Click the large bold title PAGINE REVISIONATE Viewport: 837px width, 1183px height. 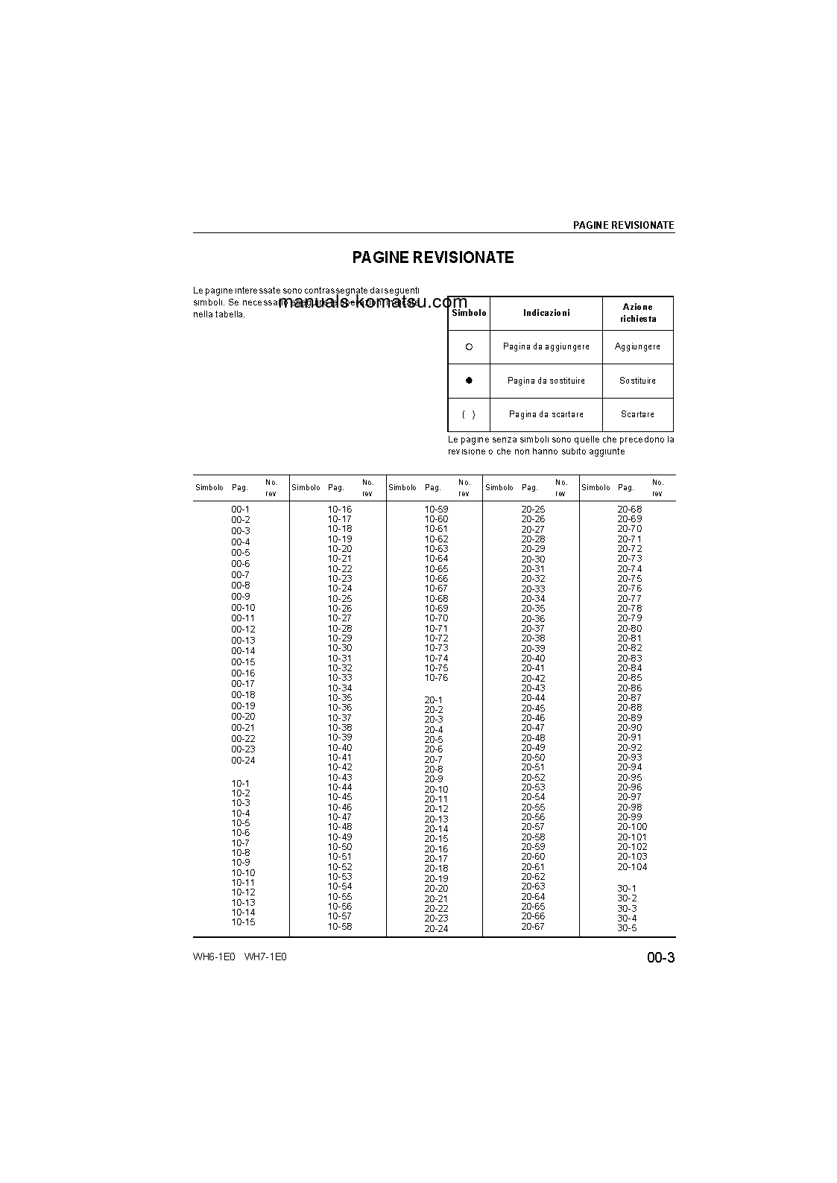coord(433,258)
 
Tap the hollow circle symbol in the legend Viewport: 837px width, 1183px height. coord(469,347)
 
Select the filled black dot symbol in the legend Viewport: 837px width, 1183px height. coord(469,381)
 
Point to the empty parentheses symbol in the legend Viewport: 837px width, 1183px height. coord(469,414)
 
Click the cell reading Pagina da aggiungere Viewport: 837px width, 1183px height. coord(546,347)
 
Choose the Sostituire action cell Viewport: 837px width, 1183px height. coord(637,381)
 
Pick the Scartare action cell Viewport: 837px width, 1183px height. coord(637,414)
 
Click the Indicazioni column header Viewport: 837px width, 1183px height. coord(546,314)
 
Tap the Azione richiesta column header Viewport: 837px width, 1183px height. coord(638,313)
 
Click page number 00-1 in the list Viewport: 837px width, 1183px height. coord(240,510)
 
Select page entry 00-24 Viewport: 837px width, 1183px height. coord(243,761)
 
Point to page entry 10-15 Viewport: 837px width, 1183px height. coord(243,922)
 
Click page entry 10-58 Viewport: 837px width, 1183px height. coord(340,927)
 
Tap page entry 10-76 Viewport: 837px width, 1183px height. coord(437,678)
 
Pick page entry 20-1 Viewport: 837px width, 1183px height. coord(434,700)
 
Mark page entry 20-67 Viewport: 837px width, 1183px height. coord(533,927)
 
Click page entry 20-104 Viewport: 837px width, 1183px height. coord(632,867)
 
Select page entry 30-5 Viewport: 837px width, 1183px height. coord(627,928)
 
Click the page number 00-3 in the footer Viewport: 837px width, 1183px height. coord(660,958)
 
